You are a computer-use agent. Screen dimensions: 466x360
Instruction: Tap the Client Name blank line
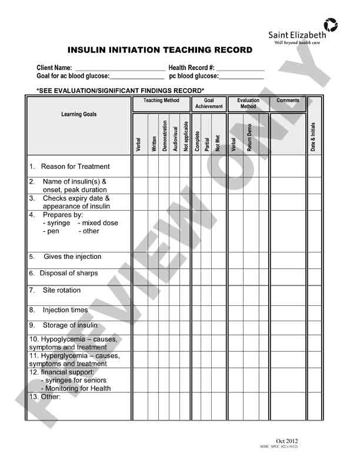coord(120,68)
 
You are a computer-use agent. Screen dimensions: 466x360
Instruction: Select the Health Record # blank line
coord(240,68)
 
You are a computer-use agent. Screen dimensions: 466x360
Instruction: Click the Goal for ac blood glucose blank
coord(137,76)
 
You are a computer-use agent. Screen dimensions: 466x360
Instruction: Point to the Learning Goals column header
coord(79,114)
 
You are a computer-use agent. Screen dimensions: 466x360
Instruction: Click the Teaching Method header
coord(161,101)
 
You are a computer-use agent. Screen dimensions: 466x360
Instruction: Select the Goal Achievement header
coord(209,104)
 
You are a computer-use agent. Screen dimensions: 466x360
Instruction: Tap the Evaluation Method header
coord(248,104)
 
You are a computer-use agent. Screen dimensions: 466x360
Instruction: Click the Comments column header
coord(288,101)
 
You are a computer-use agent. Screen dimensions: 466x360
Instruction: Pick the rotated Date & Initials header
coord(314,137)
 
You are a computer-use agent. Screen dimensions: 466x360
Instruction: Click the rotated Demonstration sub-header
coord(164,137)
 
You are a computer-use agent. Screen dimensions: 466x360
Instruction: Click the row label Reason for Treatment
coord(75,167)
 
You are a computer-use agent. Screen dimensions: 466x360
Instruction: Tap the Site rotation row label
coord(62,291)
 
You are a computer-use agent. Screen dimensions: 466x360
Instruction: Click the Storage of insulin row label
coord(70,325)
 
